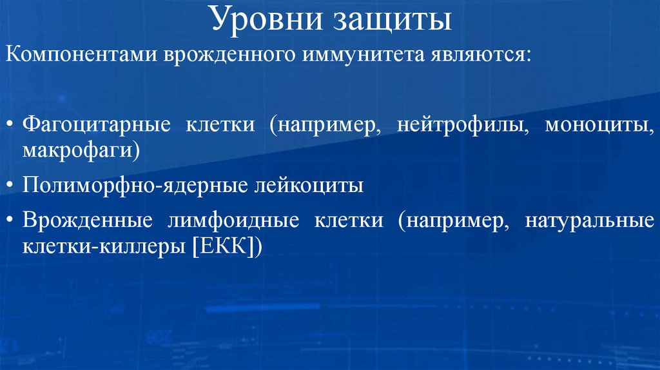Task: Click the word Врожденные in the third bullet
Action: [x=88, y=221]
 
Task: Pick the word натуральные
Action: [x=589, y=221]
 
